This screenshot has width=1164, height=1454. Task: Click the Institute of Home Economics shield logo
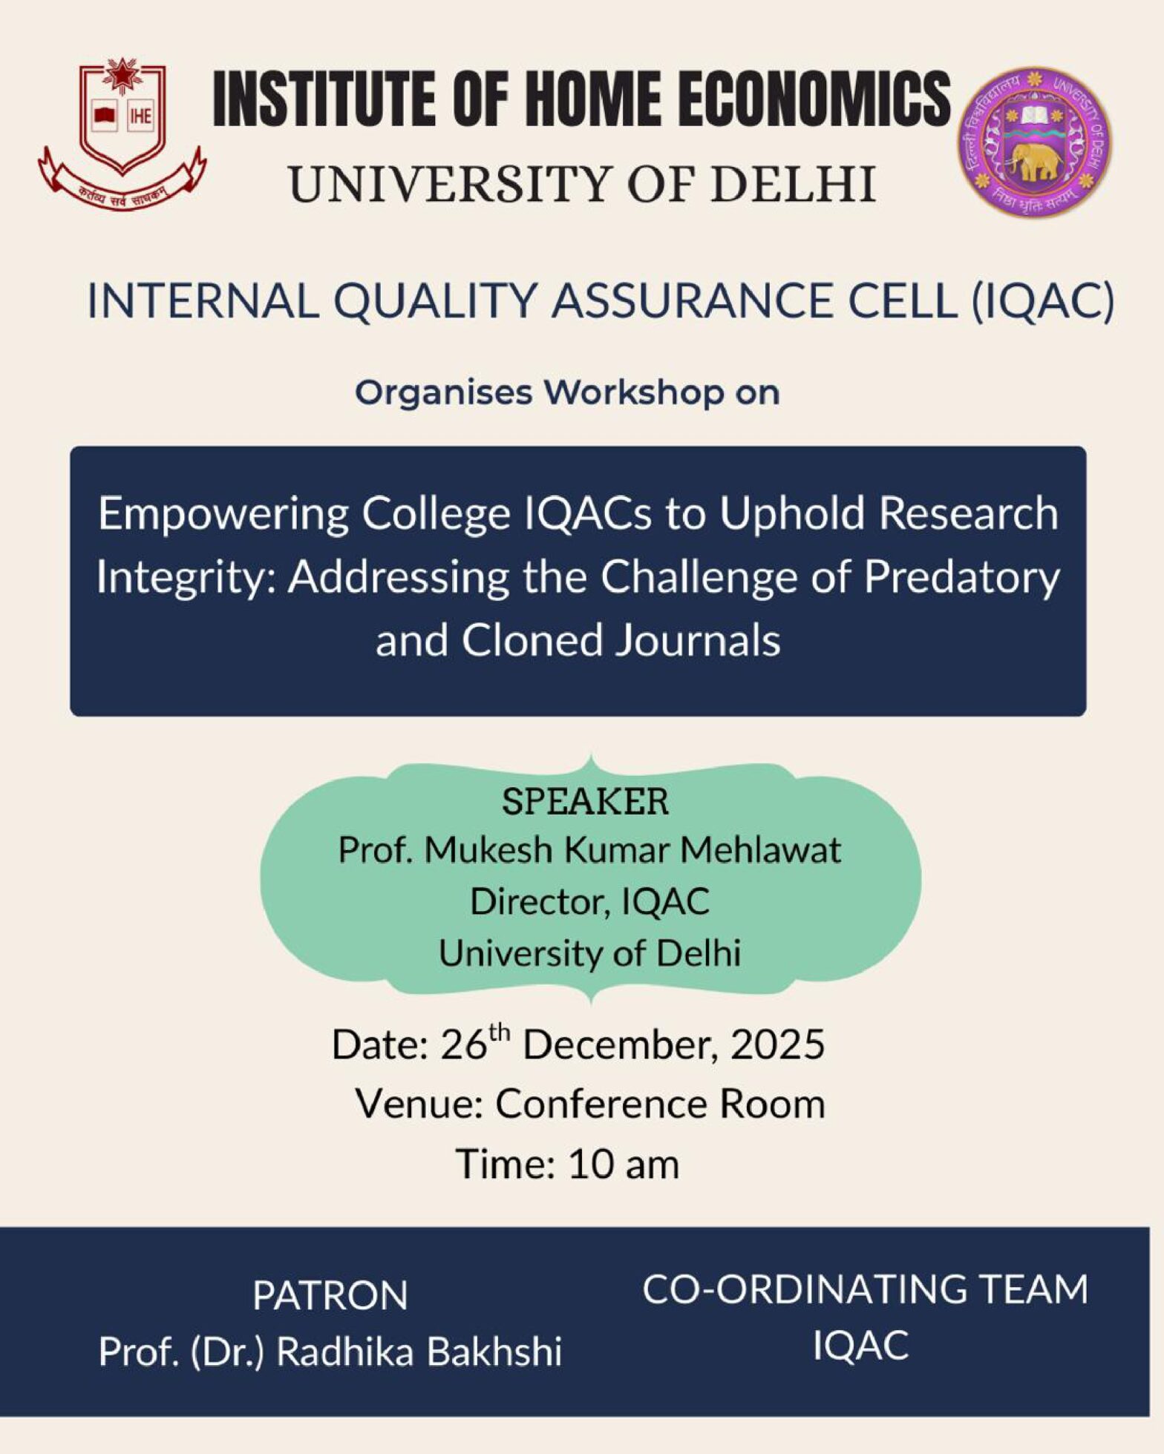[x=122, y=134]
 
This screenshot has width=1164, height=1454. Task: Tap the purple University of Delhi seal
[x=1034, y=142]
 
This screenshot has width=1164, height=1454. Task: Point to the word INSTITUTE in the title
[x=324, y=98]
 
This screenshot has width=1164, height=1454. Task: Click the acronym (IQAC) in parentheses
[x=1042, y=302]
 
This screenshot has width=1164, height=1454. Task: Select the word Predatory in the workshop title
[x=961, y=578]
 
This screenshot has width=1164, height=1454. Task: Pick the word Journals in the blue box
[x=696, y=640]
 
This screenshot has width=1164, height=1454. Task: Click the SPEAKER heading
[x=585, y=802]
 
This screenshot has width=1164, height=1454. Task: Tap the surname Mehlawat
[x=761, y=850]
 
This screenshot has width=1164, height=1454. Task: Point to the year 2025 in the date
[x=777, y=1045]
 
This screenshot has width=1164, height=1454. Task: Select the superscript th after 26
[x=500, y=1032]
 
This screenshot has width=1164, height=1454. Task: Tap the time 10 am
[x=623, y=1163]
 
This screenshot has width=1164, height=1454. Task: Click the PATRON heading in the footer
[x=330, y=1296]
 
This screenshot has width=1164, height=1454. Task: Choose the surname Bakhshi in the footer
[x=494, y=1352]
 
